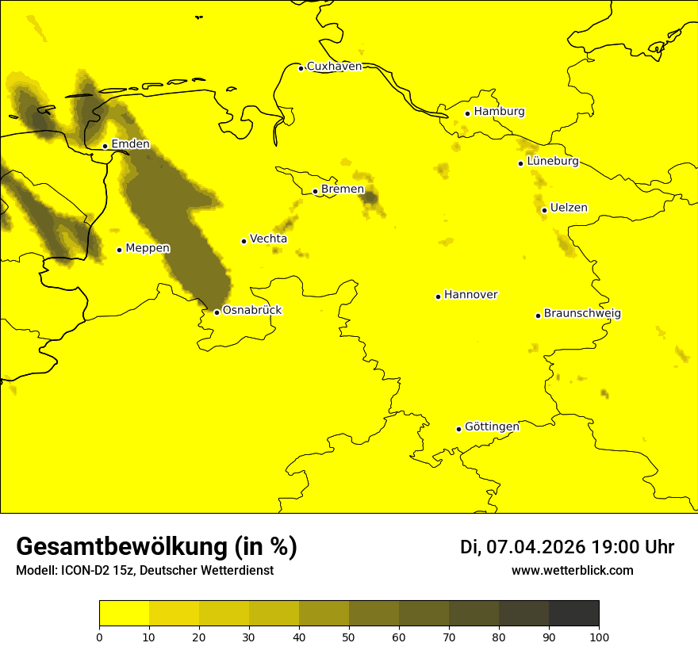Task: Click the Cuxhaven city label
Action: tap(334, 67)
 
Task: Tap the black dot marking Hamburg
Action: tap(468, 113)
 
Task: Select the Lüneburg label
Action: tap(553, 162)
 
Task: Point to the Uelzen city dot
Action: tap(544, 210)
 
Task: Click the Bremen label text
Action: tap(343, 189)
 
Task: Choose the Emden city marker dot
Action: tap(105, 146)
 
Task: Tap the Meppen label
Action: tap(148, 248)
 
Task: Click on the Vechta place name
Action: tap(268, 239)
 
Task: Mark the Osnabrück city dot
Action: tap(217, 312)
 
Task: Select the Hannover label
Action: tap(470, 295)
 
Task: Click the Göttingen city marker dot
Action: tap(458, 429)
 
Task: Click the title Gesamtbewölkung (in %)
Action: tap(156, 547)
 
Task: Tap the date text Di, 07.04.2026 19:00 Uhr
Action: tap(567, 547)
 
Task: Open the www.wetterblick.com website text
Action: tap(572, 571)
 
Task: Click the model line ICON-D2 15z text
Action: tap(144, 571)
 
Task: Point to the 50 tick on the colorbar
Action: tap(349, 636)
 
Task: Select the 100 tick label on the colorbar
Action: tap(599, 636)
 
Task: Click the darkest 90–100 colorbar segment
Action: tap(573, 614)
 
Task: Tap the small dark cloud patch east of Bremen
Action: tap(370, 197)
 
